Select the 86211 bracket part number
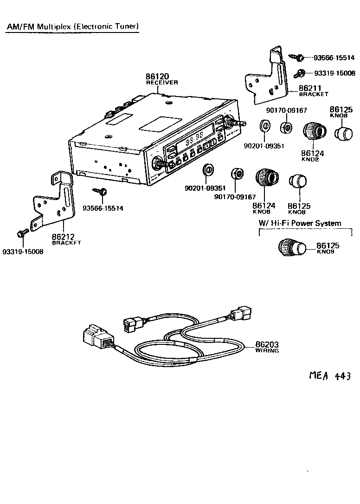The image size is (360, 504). (311, 87)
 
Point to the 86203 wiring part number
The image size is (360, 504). (267, 345)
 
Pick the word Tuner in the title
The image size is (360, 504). (127, 26)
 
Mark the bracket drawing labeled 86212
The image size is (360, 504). (54, 200)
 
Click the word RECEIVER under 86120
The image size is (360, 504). (162, 83)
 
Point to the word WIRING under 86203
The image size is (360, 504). (267, 351)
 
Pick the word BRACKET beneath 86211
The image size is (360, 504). (314, 94)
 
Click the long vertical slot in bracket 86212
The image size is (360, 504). (68, 197)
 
